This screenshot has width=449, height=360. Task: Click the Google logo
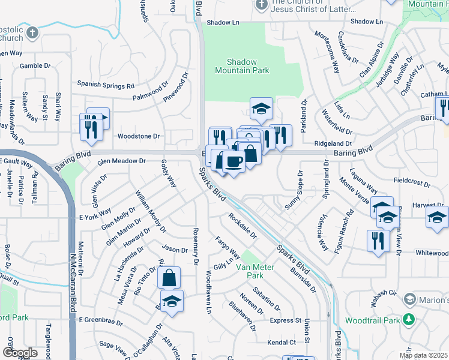[20, 353]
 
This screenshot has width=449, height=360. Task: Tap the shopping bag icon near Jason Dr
[169, 277]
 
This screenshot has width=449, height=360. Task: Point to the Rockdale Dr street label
[242, 226]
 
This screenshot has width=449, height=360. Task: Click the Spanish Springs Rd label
[105, 85]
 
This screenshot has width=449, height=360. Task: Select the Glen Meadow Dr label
[122, 161]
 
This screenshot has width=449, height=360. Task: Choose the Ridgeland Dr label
[332, 143]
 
